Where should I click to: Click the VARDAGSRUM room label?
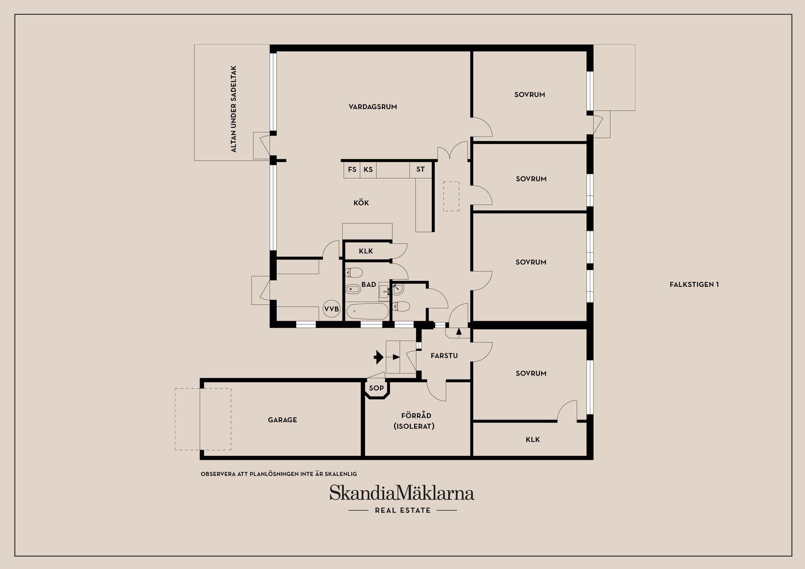point(373,106)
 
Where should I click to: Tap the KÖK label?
point(362,203)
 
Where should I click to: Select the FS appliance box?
point(352,170)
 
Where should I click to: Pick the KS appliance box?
point(368,170)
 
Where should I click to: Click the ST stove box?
point(421,170)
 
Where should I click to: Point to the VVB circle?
point(331,309)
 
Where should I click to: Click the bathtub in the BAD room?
point(367,311)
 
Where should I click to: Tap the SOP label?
point(376,388)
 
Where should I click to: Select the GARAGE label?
point(282,420)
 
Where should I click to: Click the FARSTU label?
point(444,356)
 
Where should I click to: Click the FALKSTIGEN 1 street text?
point(694,284)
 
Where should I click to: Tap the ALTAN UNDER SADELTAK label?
point(234,109)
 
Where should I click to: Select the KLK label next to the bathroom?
point(366,251)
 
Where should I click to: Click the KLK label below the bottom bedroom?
point(533,440)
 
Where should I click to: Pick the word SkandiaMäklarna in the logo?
point(402,493)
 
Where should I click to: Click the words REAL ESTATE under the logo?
point(402,510)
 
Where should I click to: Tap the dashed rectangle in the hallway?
point(451,196)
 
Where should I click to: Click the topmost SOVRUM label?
point(529,95)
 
